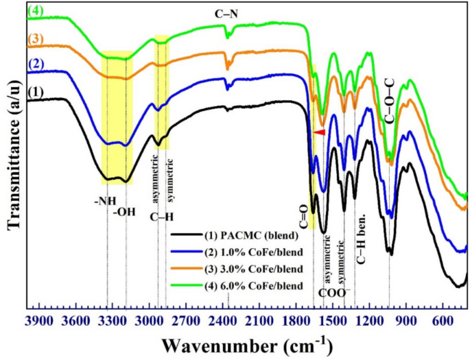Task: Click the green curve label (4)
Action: tap(35, 10)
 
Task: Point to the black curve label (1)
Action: tap(35, 90)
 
